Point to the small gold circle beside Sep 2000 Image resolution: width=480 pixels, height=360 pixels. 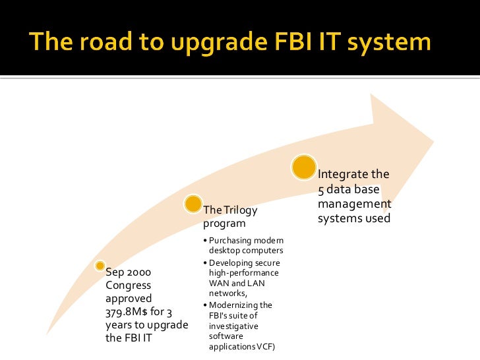click(x=99, y=266)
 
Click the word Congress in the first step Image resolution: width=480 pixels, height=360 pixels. click(x=129, y=285)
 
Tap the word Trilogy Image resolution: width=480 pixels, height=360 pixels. click(x=240, y=210)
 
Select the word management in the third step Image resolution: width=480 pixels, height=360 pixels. click(x=355, y=204)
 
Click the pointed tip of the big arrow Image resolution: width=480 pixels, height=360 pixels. click(x=432, y=140)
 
